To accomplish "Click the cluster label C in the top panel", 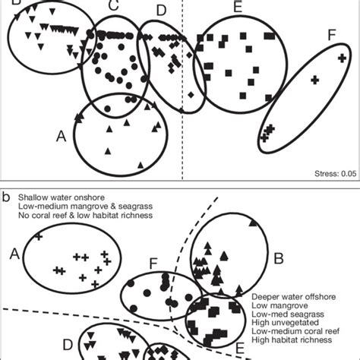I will click(x=112, y=7).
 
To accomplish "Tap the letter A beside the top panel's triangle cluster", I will click(x=63, y=137).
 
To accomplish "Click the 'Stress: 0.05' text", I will click(x=335, y=174).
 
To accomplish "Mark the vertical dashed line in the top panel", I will click(x=184, y=91).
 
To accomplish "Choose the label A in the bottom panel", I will click(x=12, y=254).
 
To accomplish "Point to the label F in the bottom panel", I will click(x=152, y=265).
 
